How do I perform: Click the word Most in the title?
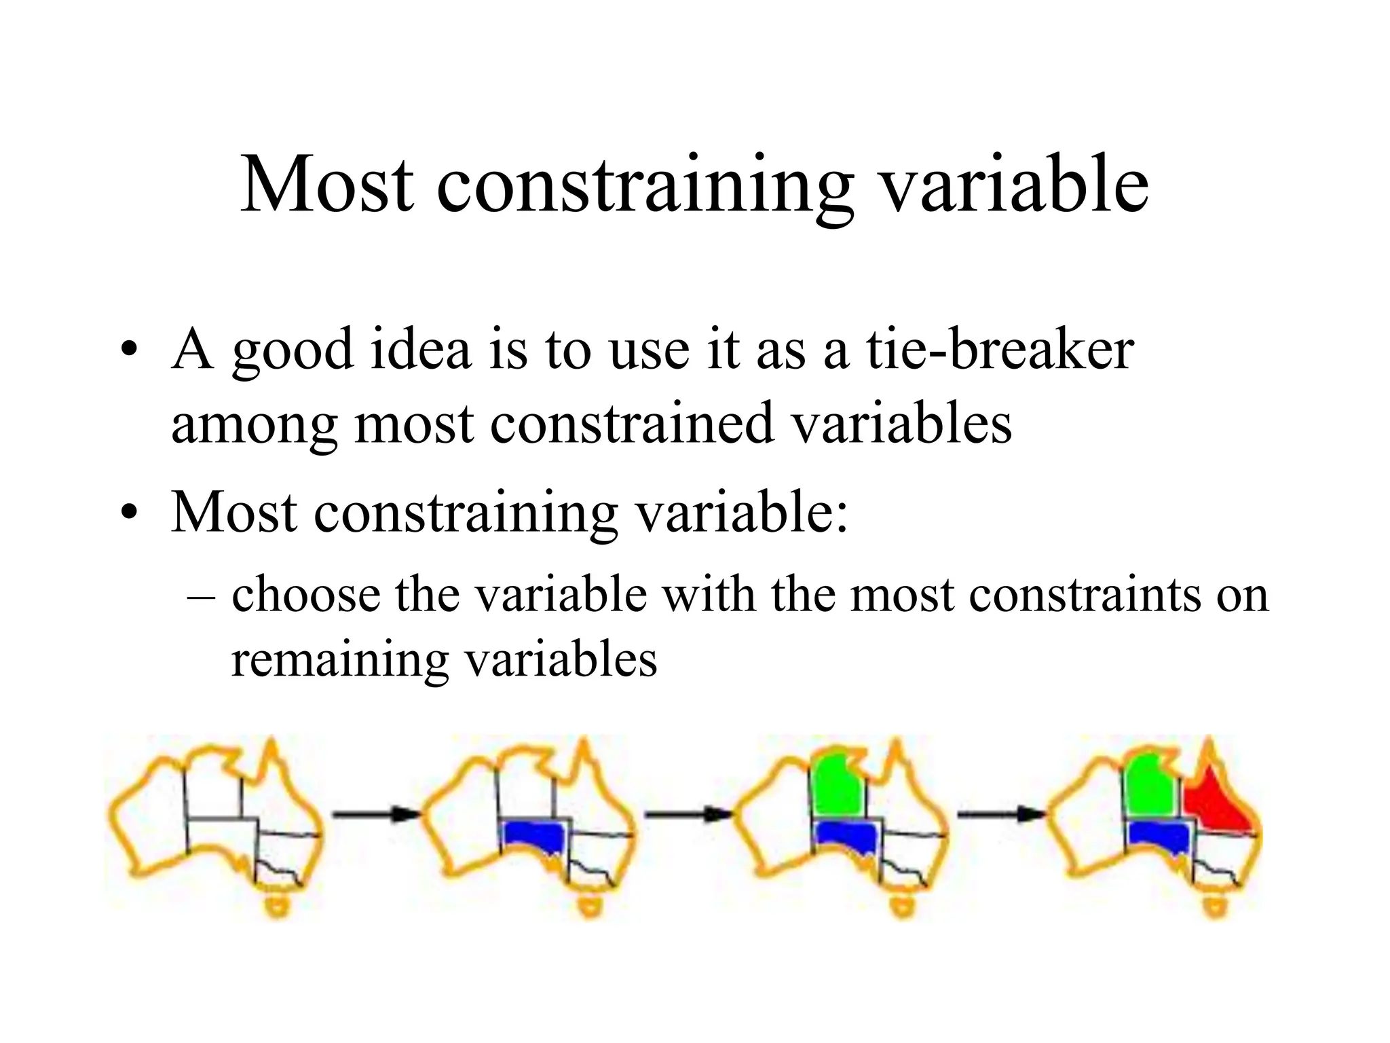pyautogui.click(x=326, y=185)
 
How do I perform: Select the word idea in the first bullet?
pyautogui.click(x=420, y=349)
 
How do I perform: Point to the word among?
pyautogui.click(x=254, y=424)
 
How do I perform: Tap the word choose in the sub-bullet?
pyautogui.click(x=306, y=595)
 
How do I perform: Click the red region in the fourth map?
pyautogui.click(x=1215, y=808)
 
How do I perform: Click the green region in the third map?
pyautogui.click(x=838, y=784)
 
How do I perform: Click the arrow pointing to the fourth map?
pyautogui.click(x=1000, y=813)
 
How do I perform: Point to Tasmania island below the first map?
pyautogui.click(x=277, y=906)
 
